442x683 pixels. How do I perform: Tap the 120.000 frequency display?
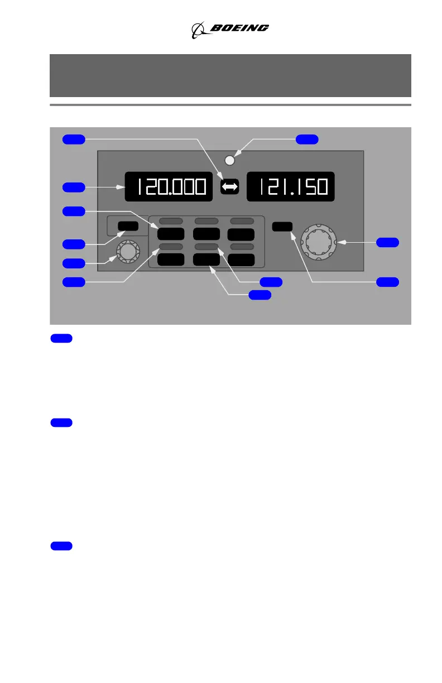click(x=169, y=187)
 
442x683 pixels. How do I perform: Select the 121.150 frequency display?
click(x=290, y=187)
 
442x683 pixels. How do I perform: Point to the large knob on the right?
click(x=319, y=242)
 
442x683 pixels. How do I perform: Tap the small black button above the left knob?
click(x=128, y=226)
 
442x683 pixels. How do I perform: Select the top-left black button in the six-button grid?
click(x=172, y=234)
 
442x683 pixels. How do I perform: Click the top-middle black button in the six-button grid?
click(x=206, y=234)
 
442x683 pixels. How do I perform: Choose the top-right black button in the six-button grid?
click(x=241, y=234)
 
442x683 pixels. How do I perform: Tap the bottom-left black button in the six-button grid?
click(x=172, y=259)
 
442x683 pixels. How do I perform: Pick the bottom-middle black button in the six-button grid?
click(x=206, y=259)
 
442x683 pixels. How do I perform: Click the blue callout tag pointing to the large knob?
click(x=387, y=242)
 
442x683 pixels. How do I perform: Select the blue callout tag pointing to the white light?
click(x=307, y=139)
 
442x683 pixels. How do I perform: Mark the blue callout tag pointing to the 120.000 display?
click(x=74, y=187)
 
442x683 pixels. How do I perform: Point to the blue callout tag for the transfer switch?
click(x=74, y=139)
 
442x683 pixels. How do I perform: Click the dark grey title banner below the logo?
click(x=230, y=75)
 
